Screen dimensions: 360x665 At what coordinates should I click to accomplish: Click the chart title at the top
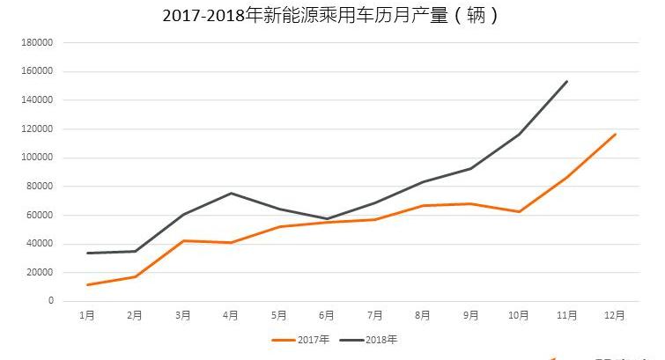click(331, 16)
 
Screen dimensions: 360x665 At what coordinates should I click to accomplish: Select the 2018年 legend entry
click(374, 339)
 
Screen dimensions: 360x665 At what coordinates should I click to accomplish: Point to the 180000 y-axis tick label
click(38, 42)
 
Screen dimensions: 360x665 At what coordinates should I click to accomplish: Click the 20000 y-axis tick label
click(41, 272)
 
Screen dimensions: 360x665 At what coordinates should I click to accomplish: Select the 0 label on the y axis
click(50, 301)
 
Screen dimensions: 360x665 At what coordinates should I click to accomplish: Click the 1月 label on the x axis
click(87, 315)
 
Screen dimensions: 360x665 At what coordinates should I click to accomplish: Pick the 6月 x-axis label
click(327, 315)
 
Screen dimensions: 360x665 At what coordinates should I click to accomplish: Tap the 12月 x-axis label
click(615, 315)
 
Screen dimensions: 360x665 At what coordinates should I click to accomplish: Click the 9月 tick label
click(471, 315)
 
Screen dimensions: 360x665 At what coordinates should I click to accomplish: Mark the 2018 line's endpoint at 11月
click(567, 81)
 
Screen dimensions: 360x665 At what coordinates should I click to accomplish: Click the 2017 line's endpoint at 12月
click(615, 134)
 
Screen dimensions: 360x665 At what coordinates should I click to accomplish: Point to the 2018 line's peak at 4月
click(231, 193)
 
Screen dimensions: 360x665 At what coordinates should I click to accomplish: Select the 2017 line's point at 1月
click(87, 284)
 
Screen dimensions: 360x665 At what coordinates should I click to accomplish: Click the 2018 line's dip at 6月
click(327, 218)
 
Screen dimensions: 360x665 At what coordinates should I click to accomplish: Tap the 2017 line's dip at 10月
click(519, 211)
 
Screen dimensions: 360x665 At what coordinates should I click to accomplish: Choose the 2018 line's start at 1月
click(87, 253)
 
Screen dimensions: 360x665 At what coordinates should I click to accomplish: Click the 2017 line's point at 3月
click(183, 240)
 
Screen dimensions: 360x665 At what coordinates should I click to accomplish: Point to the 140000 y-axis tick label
click(38, 100)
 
